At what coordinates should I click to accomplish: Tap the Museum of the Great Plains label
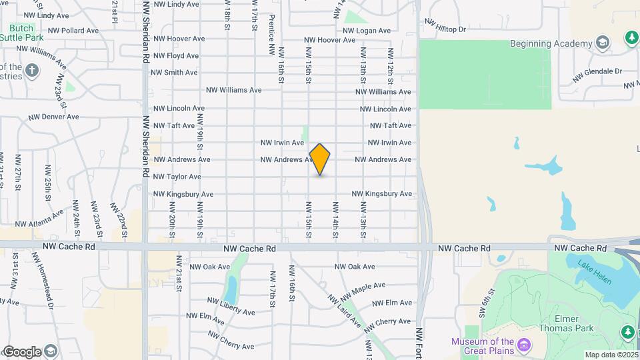coord(483,347)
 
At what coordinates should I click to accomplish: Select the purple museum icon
coord(525,346)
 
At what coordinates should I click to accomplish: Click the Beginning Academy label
coord(551,44)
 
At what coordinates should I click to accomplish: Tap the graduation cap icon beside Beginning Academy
coord(603,44)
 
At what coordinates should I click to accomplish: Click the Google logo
coord(22,351)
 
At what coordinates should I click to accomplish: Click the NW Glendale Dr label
coord(599,71)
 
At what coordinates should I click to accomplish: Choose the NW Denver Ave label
coord(53,117)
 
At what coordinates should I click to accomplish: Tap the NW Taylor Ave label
coord(177,177)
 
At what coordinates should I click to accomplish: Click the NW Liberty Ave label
coord(231,307)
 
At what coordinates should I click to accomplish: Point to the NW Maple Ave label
coord(363,291)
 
